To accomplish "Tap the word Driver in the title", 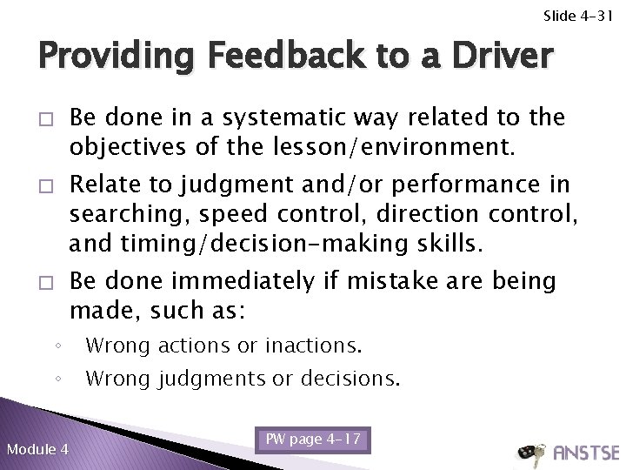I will (485, 57).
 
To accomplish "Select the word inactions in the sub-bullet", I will (310, 346).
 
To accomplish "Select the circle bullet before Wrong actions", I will (56, 346).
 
